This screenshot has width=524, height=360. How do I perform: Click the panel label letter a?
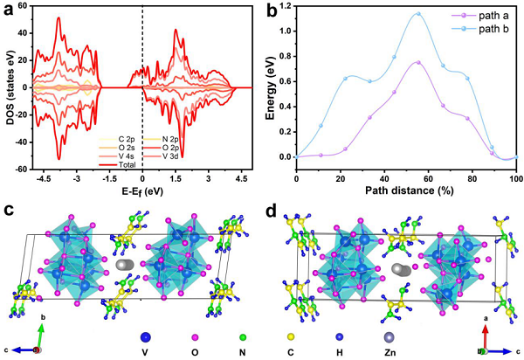tap(10, 11)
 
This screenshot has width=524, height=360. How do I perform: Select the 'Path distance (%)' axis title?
tap(406, 184)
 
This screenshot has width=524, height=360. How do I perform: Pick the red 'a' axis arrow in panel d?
tap(485, 334)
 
